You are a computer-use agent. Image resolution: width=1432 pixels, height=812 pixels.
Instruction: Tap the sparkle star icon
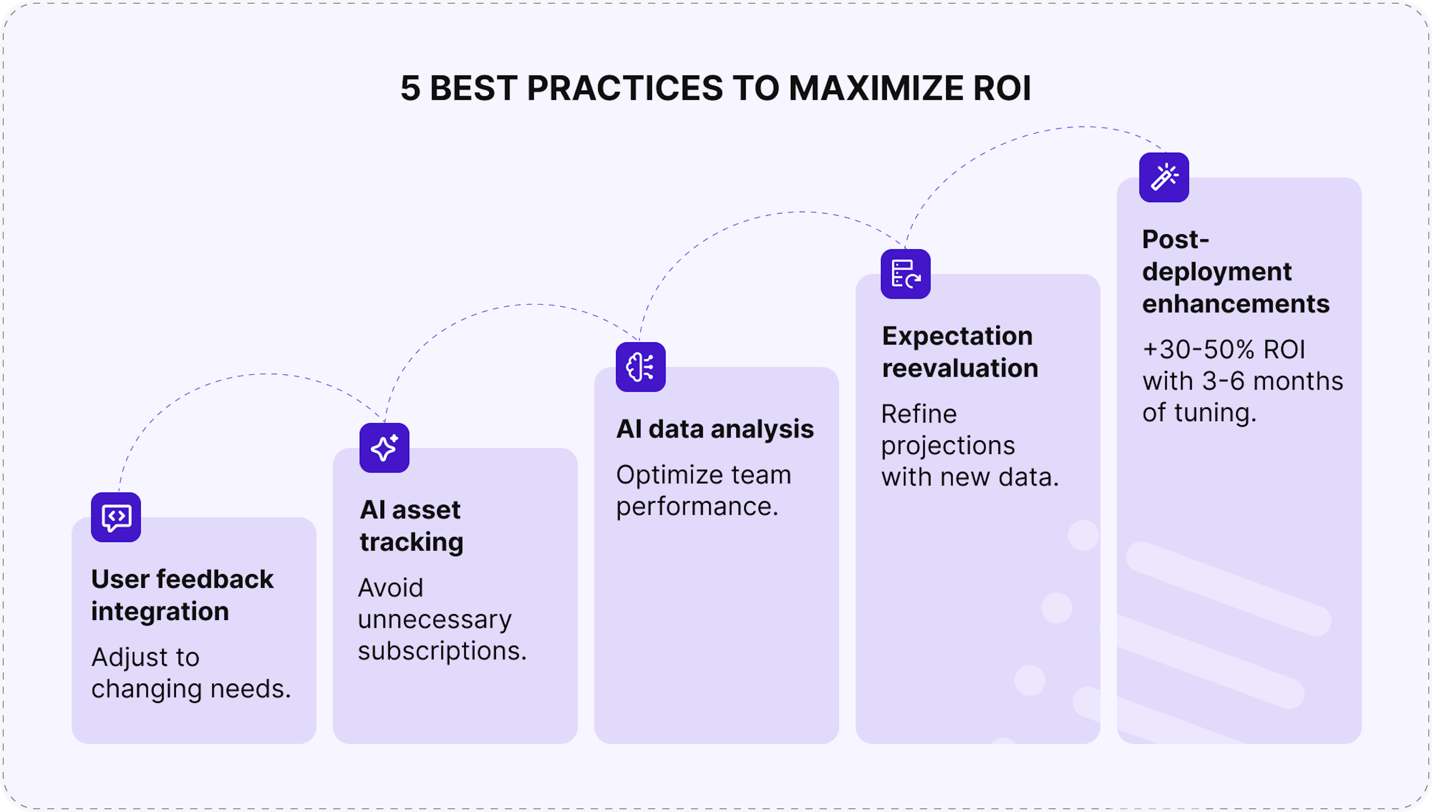tap(384, 448)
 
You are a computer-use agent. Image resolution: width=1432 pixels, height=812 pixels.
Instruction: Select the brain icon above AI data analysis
tap(641, 367)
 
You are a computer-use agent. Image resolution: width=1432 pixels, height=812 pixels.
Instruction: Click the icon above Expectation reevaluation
tap(906, 274)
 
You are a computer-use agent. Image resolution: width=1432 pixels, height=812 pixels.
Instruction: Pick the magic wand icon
tap(1164, 177)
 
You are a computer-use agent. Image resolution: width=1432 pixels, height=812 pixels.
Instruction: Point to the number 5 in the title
tap(410, 88)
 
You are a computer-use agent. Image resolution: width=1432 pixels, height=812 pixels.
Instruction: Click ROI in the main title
tap(1002, 88)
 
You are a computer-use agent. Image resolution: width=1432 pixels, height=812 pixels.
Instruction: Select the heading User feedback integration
tap(183, 595)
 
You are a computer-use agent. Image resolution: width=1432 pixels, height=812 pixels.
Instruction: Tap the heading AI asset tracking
tap(411, 526)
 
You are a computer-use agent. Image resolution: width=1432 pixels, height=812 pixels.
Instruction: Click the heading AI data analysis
tap(715, 429)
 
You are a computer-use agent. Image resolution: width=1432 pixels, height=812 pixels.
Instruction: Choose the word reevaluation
tap(960, 368)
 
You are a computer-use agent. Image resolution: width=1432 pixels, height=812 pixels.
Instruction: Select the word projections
tap(948, 446)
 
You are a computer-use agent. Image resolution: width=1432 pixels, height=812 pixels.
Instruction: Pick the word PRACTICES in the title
tap(625, 88)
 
